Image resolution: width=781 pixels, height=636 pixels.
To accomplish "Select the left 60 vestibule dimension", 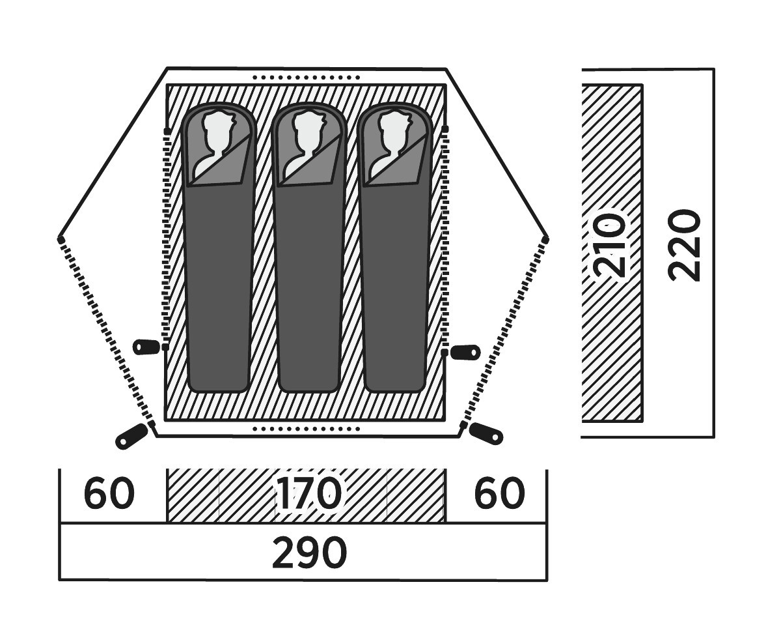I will (109, 493).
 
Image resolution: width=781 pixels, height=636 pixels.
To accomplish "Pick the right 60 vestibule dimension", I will (499, 493).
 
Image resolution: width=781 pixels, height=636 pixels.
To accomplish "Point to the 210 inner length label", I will (611, 244).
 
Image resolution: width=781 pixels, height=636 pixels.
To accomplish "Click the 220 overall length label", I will (685, 245).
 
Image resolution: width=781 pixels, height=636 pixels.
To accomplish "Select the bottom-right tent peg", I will (486, 433).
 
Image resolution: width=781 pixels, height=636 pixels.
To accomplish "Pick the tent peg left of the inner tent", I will (146, 347).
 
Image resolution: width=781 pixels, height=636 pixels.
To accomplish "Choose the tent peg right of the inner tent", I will (466, 352).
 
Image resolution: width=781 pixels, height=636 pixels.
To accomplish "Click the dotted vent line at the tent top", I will (306, 77).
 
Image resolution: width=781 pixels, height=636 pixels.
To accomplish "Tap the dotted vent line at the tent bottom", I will (306, 429).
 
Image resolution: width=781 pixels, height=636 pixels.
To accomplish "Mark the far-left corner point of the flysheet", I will (61, 240).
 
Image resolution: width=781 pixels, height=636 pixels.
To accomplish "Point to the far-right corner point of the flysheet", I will (545, 240).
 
